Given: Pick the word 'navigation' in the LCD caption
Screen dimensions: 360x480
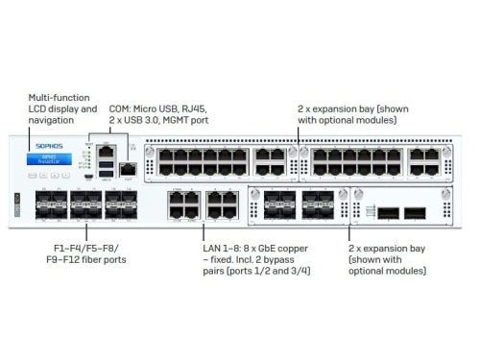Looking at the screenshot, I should (x=56, y=121).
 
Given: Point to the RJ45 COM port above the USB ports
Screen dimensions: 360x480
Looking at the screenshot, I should (x=107, y=152).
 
